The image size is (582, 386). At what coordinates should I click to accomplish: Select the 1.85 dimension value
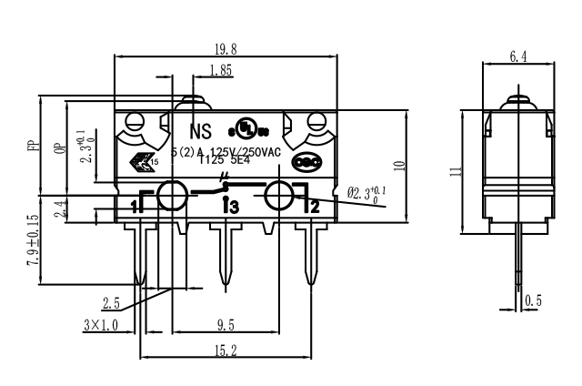(x=218, y=70)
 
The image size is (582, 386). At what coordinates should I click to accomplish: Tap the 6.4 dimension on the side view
(x=517, y=56)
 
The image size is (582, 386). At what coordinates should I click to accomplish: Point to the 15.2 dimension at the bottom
(x=223, y=350)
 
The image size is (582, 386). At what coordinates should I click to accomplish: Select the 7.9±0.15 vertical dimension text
(x=33, y=239)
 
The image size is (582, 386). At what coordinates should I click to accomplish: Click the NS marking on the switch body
(x=200, y=128)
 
